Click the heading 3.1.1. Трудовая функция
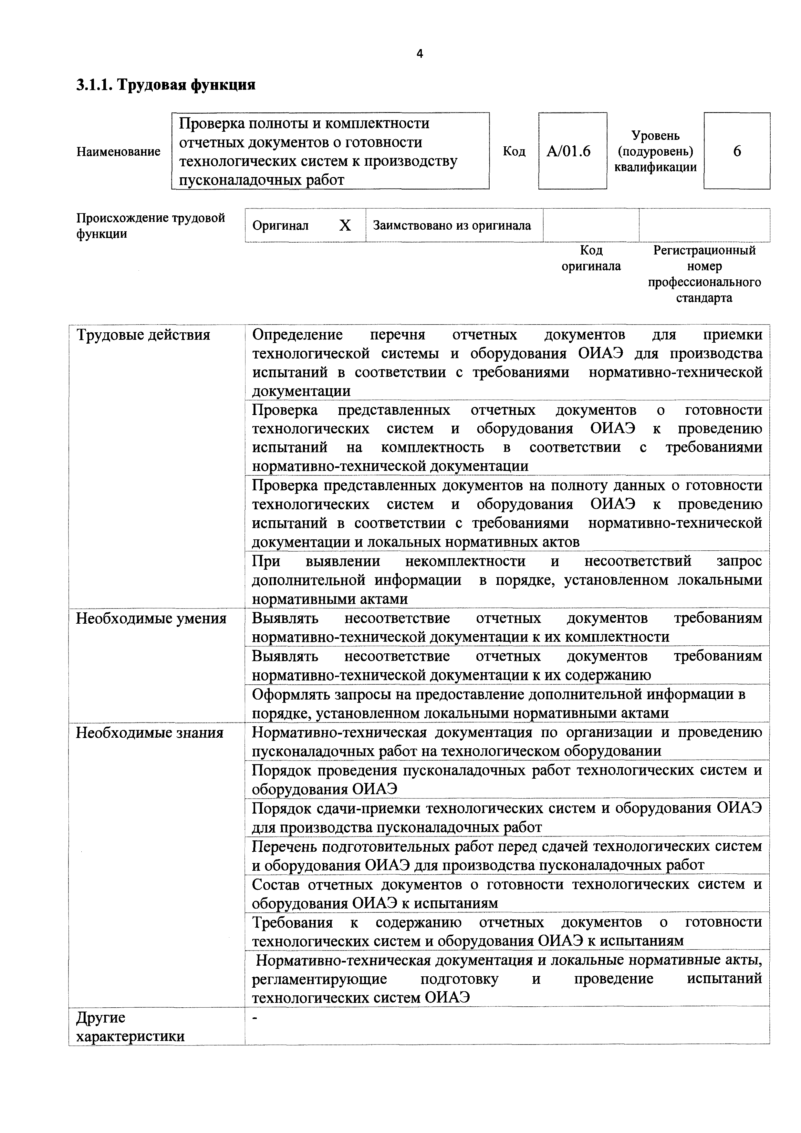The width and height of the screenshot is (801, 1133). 165,85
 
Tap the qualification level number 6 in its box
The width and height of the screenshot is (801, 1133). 736,151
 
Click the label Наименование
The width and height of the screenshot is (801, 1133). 119,151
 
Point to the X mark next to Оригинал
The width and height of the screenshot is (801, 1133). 345,225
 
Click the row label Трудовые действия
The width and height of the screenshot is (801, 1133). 143,335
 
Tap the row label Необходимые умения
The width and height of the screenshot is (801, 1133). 151,618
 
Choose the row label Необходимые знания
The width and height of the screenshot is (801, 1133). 150,733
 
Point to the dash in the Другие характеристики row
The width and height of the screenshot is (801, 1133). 255,1017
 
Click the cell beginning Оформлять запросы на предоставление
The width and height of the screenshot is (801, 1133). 498,703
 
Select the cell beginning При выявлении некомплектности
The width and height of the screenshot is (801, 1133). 507,580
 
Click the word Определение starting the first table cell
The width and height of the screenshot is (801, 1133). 297,335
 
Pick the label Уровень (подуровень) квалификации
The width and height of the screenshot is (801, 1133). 655,151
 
